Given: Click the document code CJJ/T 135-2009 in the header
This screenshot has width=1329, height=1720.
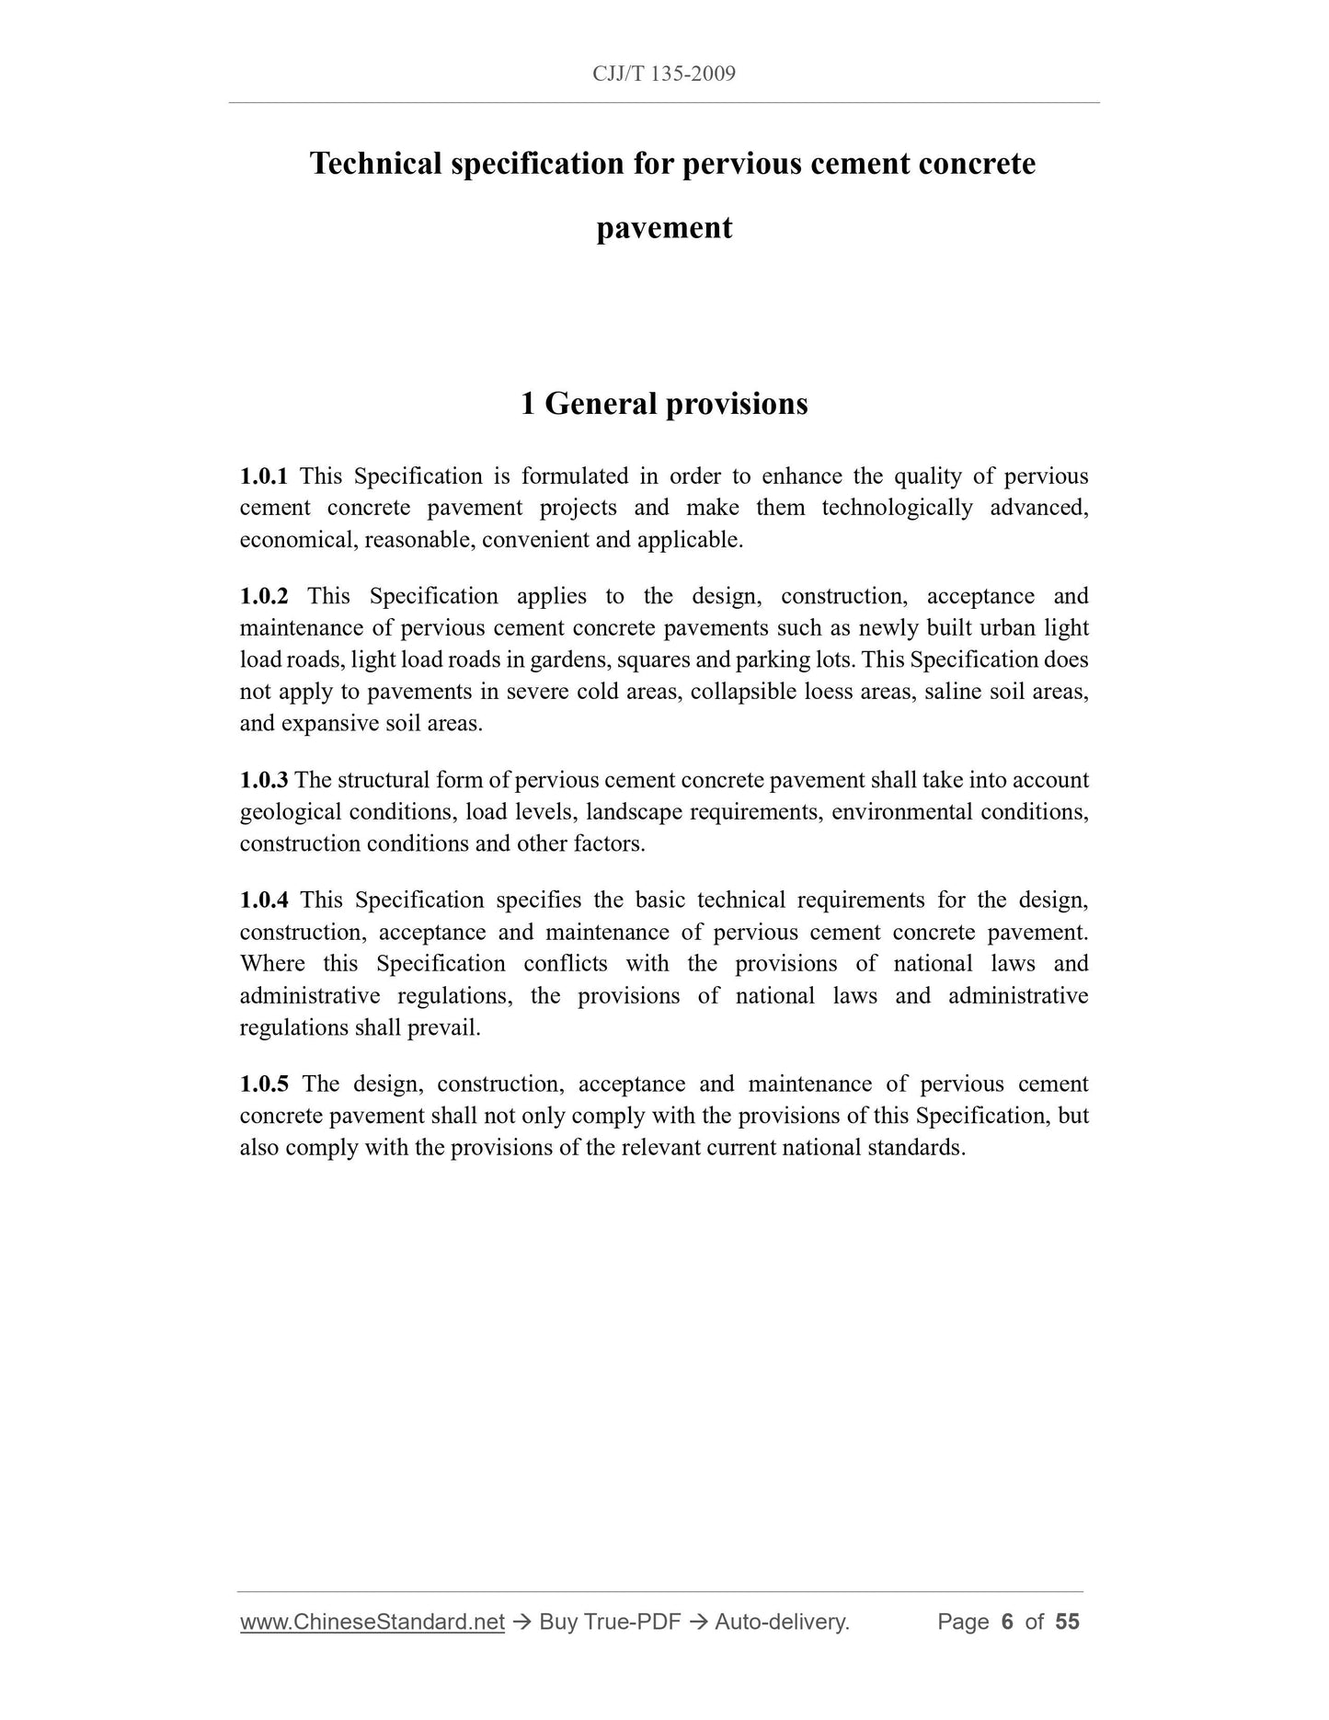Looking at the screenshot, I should pos(664,75).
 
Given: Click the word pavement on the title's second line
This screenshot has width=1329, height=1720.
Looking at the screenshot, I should pos(664,228).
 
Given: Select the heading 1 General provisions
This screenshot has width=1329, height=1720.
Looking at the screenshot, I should pos(664,404).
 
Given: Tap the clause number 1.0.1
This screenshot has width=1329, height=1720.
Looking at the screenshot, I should pos(264,476).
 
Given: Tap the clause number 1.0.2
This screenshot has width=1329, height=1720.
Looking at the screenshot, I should pos(264,596).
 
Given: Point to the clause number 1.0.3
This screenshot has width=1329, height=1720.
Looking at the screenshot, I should pos(264,780).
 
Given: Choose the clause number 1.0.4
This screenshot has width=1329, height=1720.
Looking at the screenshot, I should pos(264,900).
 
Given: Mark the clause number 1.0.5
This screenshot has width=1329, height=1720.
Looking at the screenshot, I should pos(264,1084).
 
